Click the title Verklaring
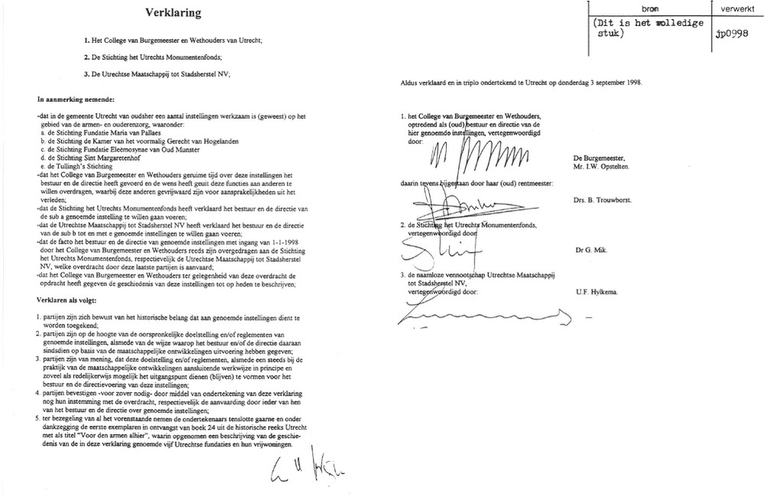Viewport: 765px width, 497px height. [174, 12]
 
